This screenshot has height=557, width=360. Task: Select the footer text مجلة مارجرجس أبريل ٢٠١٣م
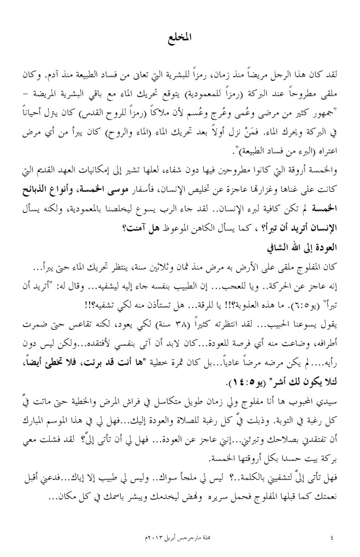coord(180,532)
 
